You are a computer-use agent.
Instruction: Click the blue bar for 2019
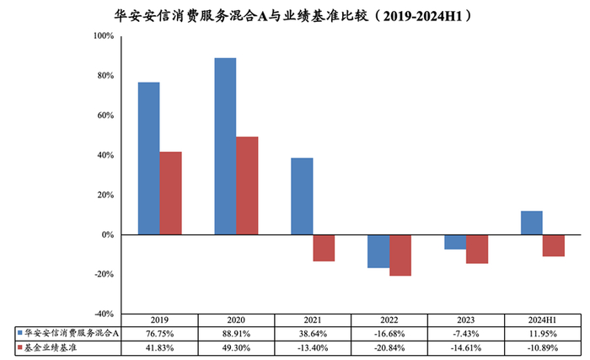click(x=148, y=159)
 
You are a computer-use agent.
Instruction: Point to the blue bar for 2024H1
click(x=531, y=223)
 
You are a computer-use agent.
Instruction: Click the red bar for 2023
click(x=476, y=249)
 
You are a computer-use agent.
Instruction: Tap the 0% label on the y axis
click(x=107, y=235)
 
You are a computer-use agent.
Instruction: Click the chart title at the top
click(x=295, y=14)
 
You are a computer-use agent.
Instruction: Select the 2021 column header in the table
click(x=312, y=320)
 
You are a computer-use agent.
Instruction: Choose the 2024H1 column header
click(x=542, y=320)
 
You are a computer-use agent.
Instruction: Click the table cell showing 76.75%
click(x=159, y=333)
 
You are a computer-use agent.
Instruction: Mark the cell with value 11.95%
click(x=542, y=333)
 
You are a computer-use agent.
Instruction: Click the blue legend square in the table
click(x=19, y=333)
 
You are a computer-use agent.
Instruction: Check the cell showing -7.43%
click(x=465, y=333)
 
